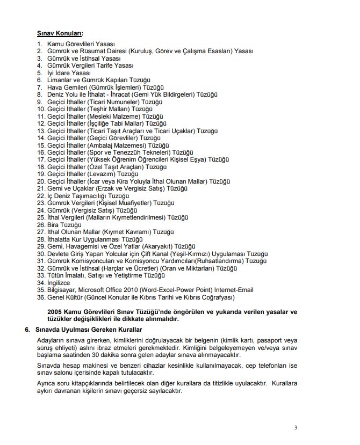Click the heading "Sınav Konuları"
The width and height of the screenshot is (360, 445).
coord(59,33)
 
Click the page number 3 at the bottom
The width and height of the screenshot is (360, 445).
coord(296,427)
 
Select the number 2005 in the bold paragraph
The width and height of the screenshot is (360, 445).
coord(56,311)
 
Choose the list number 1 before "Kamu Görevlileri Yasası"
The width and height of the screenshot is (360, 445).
coord(39,43)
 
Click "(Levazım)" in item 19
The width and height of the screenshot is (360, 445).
coord(104,174)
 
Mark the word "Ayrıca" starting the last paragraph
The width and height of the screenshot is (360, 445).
coord(45,384)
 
